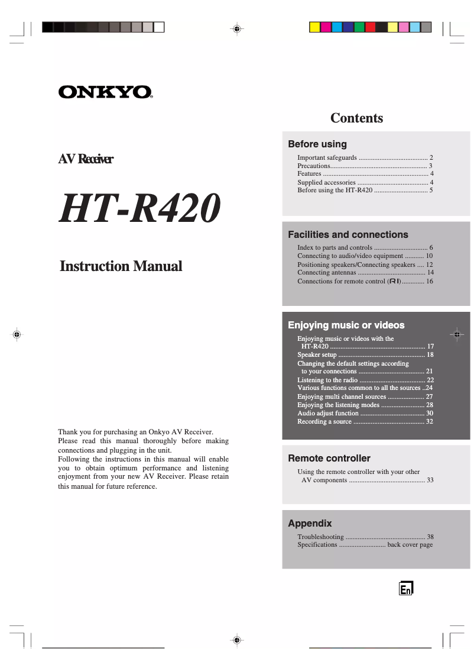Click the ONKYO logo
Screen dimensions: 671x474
105,92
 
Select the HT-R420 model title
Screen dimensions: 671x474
139,209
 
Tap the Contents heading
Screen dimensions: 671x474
356,118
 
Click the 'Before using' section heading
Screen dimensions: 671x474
317,144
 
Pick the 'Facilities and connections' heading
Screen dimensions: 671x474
348,235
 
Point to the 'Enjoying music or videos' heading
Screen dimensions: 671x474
346,325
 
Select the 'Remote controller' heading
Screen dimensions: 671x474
329,459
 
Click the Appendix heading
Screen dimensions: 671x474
310,524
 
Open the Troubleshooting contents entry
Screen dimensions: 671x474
320,537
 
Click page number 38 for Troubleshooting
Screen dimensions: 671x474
430,537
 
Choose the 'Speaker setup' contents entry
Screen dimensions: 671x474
317,355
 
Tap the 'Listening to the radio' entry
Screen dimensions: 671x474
327,380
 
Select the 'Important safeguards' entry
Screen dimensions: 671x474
327,158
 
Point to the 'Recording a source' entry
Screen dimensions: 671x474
324,421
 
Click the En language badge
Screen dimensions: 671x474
405,588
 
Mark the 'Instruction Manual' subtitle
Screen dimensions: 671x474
121,266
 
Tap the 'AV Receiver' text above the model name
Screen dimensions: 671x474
86,159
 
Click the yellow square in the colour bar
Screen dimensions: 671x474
315,27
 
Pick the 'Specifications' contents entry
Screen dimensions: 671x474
317,545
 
